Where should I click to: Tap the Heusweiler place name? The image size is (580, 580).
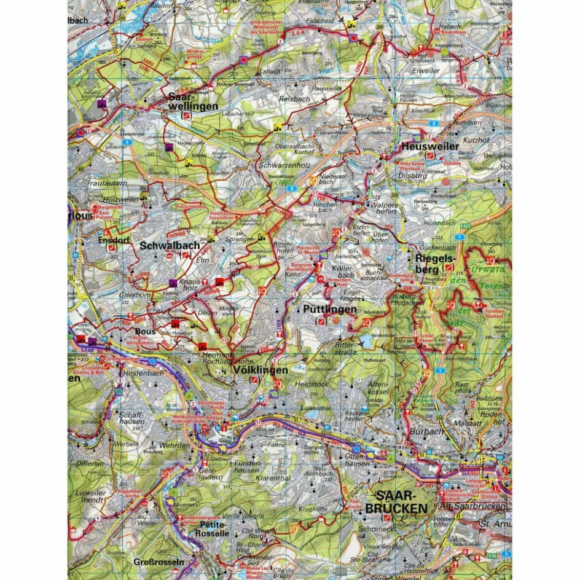[429, 147]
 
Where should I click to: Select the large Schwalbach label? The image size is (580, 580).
[170, 245]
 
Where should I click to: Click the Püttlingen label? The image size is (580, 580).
[330, 310]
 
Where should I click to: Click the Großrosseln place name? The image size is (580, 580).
[159, 562]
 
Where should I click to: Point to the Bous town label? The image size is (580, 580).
[145, 331]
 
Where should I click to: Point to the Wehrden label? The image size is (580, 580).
[173, 444]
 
